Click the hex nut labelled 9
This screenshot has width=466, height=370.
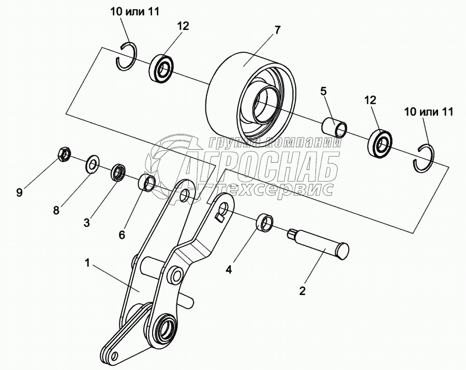[x=63, y=153]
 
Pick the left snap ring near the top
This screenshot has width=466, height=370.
[x=126, y=56]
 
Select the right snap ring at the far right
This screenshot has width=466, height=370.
[x=427, y=158]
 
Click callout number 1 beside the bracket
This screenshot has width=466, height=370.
[x=88, y=263]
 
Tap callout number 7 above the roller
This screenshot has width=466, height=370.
[x=277, y=30]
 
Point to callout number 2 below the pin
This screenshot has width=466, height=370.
[x=303, y=291]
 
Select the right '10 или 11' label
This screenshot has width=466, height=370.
[x=429, y=112]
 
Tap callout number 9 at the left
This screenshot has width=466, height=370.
[x=19, y=192]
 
